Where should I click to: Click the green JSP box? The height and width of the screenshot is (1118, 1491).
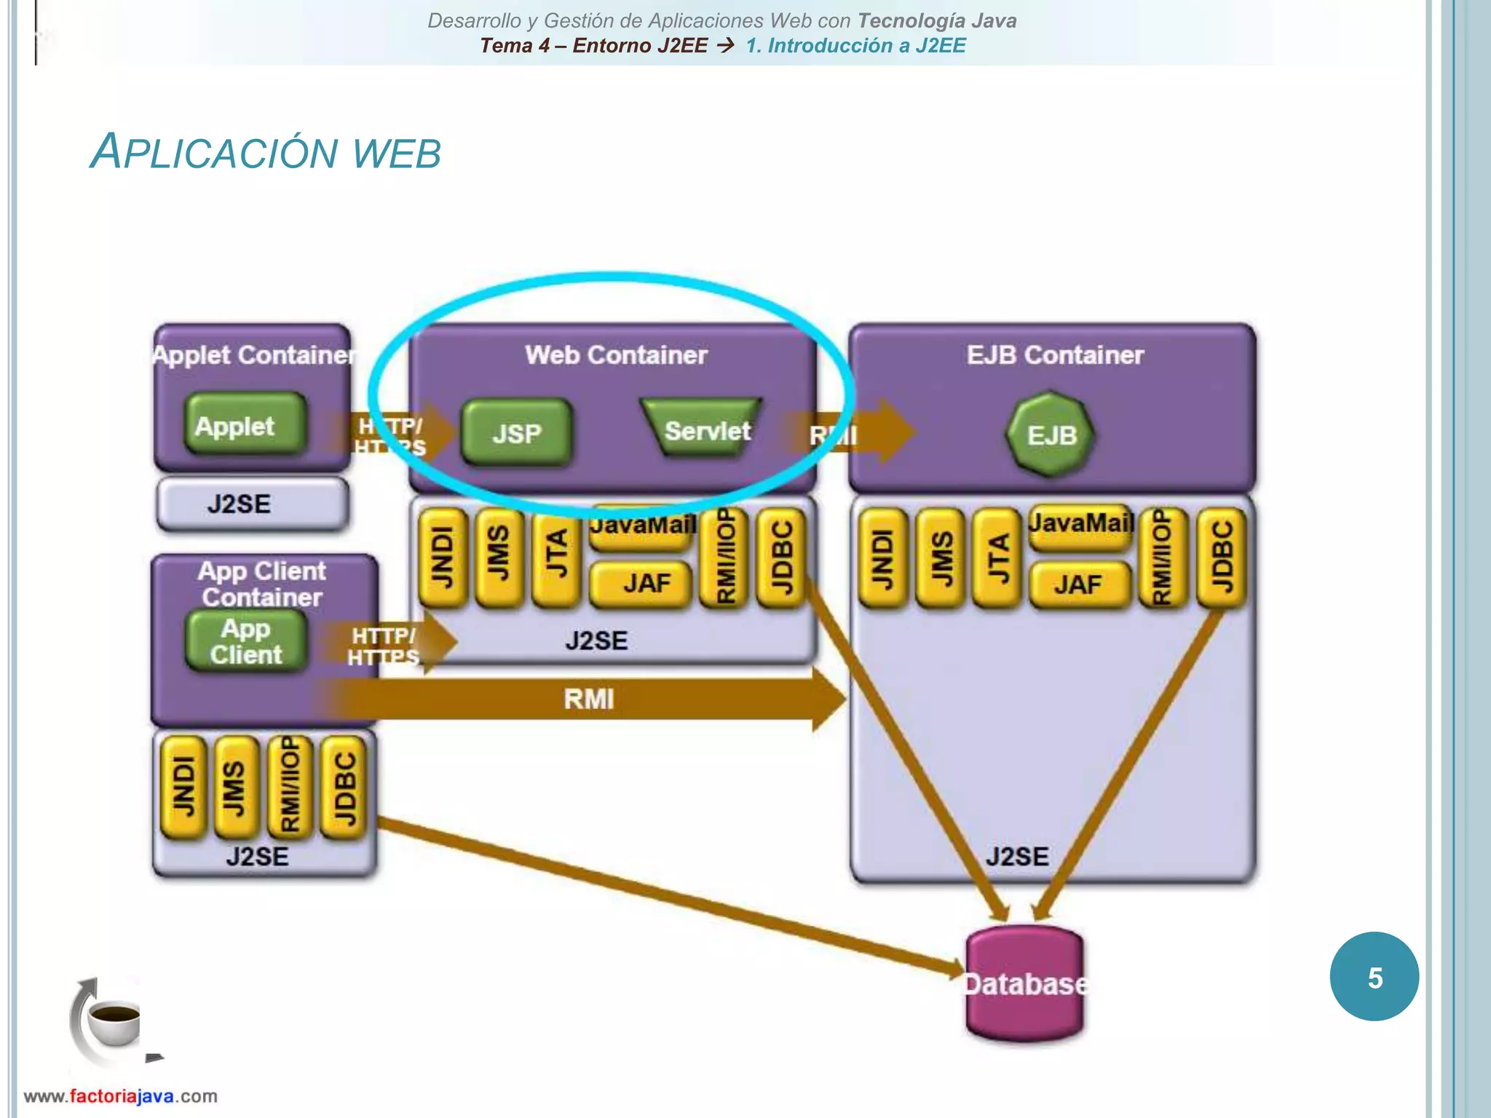pyautogui.click(x=517, y=434)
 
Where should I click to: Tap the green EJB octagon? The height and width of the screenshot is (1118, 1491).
pyautogui.click(x=1051, y=435)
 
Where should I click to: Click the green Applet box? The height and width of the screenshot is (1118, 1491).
pyautogui.click(x=244, y=425)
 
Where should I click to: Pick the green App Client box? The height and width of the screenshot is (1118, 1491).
pyautogui.click(x=246, y=641)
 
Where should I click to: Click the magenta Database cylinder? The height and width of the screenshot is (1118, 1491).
pyautogui.click(x=1025, y=984)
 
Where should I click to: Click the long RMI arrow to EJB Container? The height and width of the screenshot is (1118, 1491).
pyautogui.click(x=588, y=699)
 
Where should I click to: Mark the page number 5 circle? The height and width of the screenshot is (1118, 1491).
pyautogui.click(x=1374, y=977)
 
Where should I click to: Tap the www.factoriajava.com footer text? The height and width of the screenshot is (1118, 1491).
pyautogui.click(x=121, y=1096)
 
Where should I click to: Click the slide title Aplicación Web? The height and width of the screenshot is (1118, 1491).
pyautogui.click(x=266, y=152)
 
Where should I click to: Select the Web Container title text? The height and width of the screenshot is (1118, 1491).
pyautogui.click(x=616, y=355)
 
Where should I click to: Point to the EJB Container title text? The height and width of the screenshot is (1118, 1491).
pyautogui.click(x=1055, y=355)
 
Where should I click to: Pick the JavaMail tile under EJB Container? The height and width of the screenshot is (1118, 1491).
pyautogui.click(x=1080, y=524)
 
